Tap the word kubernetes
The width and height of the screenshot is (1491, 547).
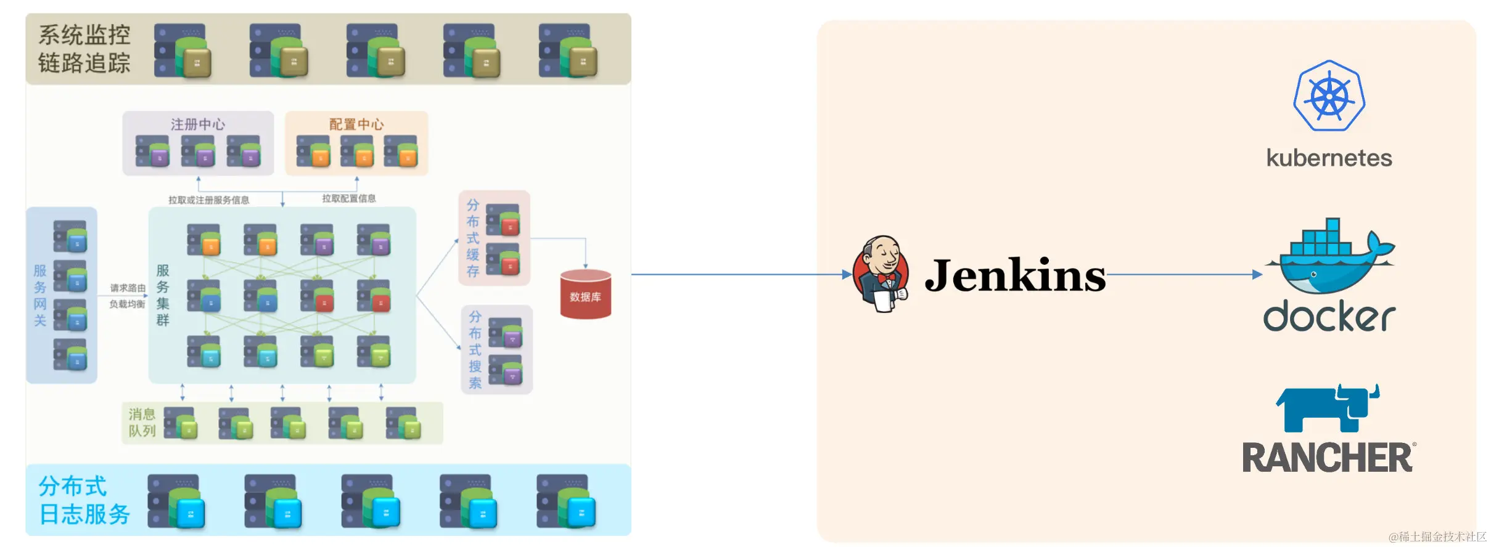(1329, 158)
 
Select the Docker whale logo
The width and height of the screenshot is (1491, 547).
(1329, 256)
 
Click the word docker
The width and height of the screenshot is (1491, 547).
(1329, 317)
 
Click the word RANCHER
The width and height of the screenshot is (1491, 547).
(1327, 458)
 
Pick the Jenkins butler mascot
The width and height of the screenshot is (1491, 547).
(881, 274)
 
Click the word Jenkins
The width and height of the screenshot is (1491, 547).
(1015, 275)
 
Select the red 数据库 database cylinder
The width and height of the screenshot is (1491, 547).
(585, 294)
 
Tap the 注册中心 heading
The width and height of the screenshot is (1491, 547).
(198, 124)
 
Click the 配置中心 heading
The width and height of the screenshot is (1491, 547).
(356, 124)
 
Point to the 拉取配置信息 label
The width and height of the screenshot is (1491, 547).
(349, 198)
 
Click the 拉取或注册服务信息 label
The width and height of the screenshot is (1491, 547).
(209, 200)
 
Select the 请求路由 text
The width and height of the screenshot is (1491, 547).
(128, 288)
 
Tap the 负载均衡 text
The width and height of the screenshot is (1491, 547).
(128, 304)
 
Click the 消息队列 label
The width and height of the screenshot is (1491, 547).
(142, 423)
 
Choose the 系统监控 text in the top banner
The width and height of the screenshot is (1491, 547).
(84, 35)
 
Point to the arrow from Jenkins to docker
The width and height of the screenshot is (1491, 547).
(1184, 275)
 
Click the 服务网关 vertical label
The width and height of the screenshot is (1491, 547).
(40, 295)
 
